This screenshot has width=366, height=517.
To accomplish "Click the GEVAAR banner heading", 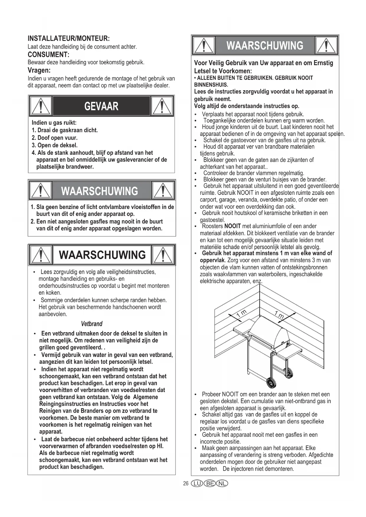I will point(101,106).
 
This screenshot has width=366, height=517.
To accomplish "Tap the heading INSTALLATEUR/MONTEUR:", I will point(68,39).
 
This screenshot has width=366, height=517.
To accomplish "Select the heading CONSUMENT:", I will point(48,55).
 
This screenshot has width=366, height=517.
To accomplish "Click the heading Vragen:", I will point(39,70).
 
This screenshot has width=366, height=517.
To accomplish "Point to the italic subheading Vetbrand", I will point(91,324).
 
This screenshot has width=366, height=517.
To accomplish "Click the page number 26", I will point(186,484).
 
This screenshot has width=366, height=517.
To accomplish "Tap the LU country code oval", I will point(197,484).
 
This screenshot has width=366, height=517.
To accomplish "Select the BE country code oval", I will point(210,484).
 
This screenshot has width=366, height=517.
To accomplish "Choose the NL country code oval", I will point(222,484).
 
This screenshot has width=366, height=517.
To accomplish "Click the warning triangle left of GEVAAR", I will point(41,106).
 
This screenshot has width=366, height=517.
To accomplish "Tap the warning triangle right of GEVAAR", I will point(162,106).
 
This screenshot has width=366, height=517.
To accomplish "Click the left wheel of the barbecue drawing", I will point(271,383).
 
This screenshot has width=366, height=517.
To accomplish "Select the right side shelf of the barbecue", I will point(290,352).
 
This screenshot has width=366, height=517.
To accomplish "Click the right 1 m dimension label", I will point(279,315).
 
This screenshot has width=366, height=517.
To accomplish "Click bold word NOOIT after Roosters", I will point(232,226).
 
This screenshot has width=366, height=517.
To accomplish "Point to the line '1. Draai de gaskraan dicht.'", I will point(65,130).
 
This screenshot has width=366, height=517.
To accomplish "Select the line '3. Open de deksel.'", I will point(55,145).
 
